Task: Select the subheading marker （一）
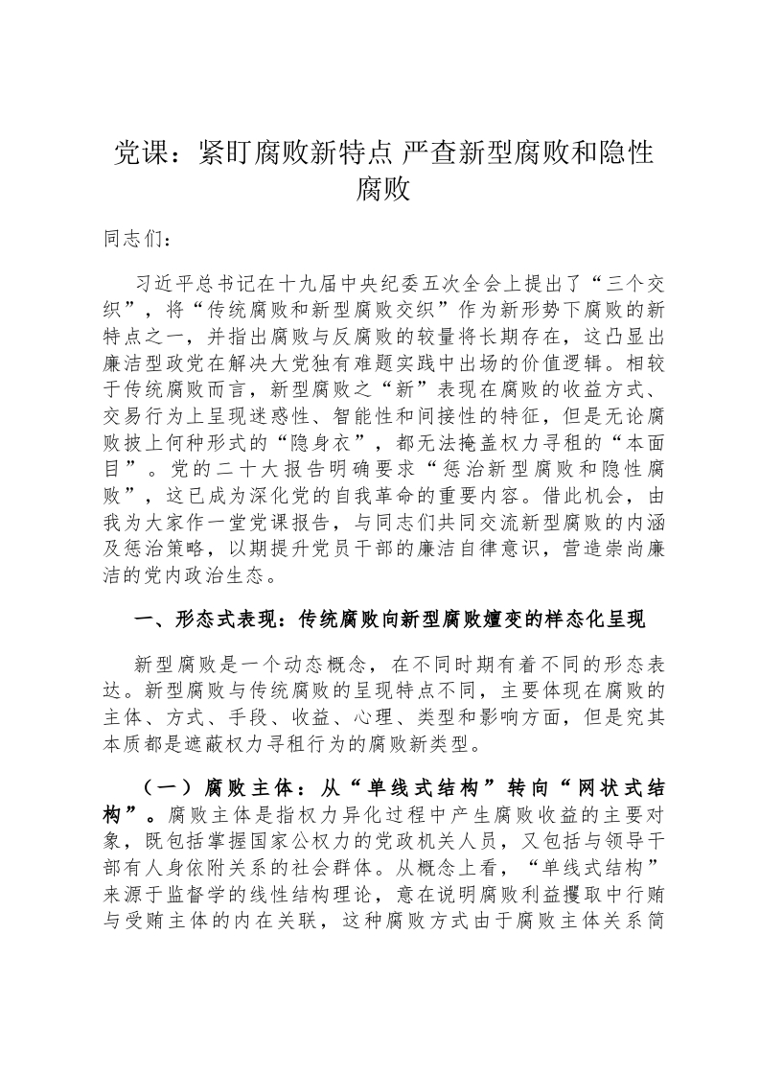[x=172, y=788]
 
